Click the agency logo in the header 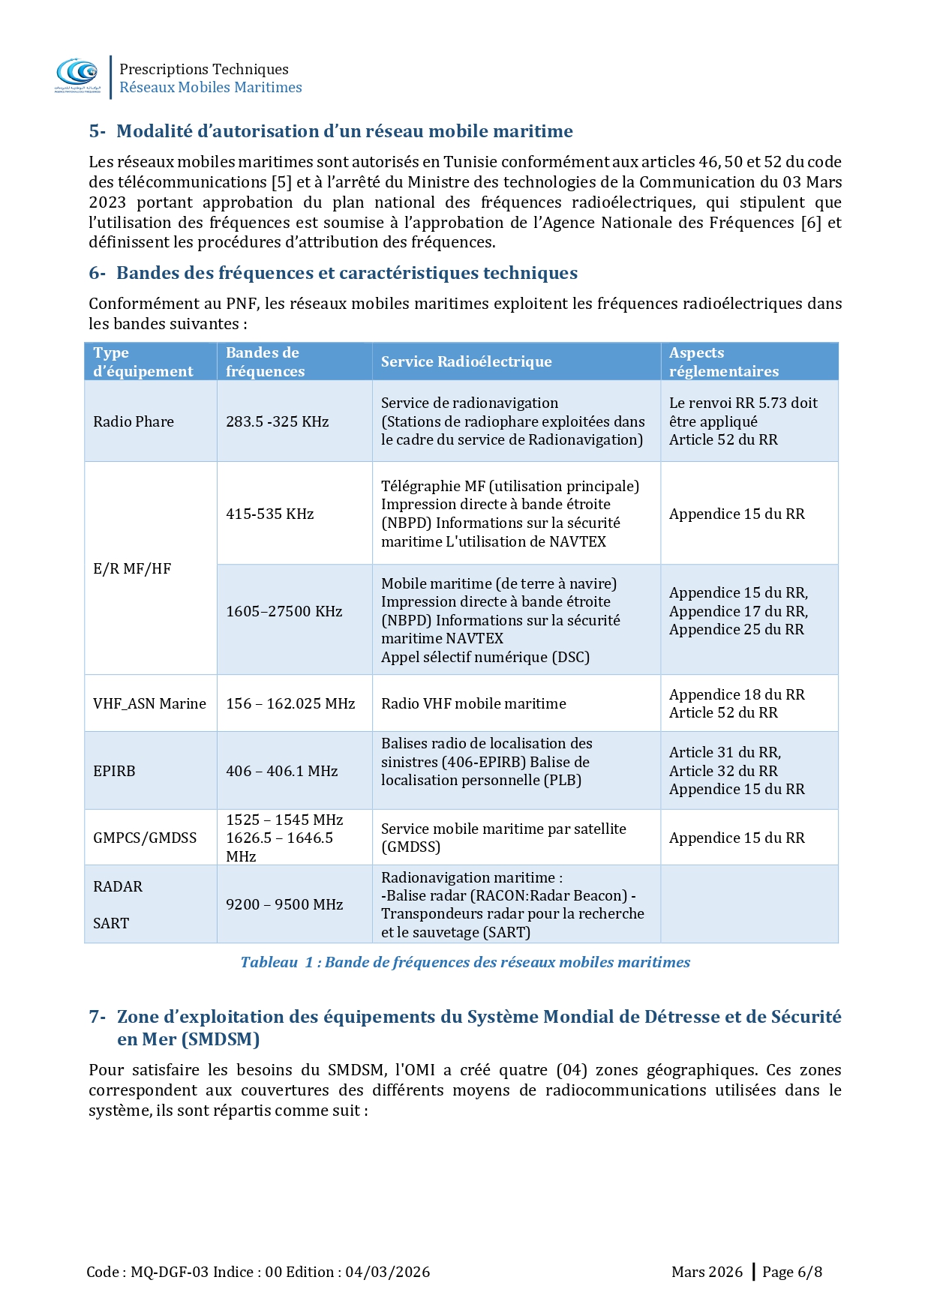click(77, 74)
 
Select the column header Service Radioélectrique click(466, 361)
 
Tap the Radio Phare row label click(134, 421)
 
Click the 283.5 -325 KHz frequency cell click(277, 421)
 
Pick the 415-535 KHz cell click(269, 514)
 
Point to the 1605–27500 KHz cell click(284, 611)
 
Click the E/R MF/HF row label click(132, 568)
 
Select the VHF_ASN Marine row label click(149, 703)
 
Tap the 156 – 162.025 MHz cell click(290, 703)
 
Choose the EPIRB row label click(114, 771)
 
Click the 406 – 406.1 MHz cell click(281, 771)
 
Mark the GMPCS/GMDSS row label click(145, 838)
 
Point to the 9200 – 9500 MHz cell click(284, 904)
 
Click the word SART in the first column click(111, 923)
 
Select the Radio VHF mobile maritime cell click(473, 703)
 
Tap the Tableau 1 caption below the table click(465, 962)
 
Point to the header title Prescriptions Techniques click(204, 69)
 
